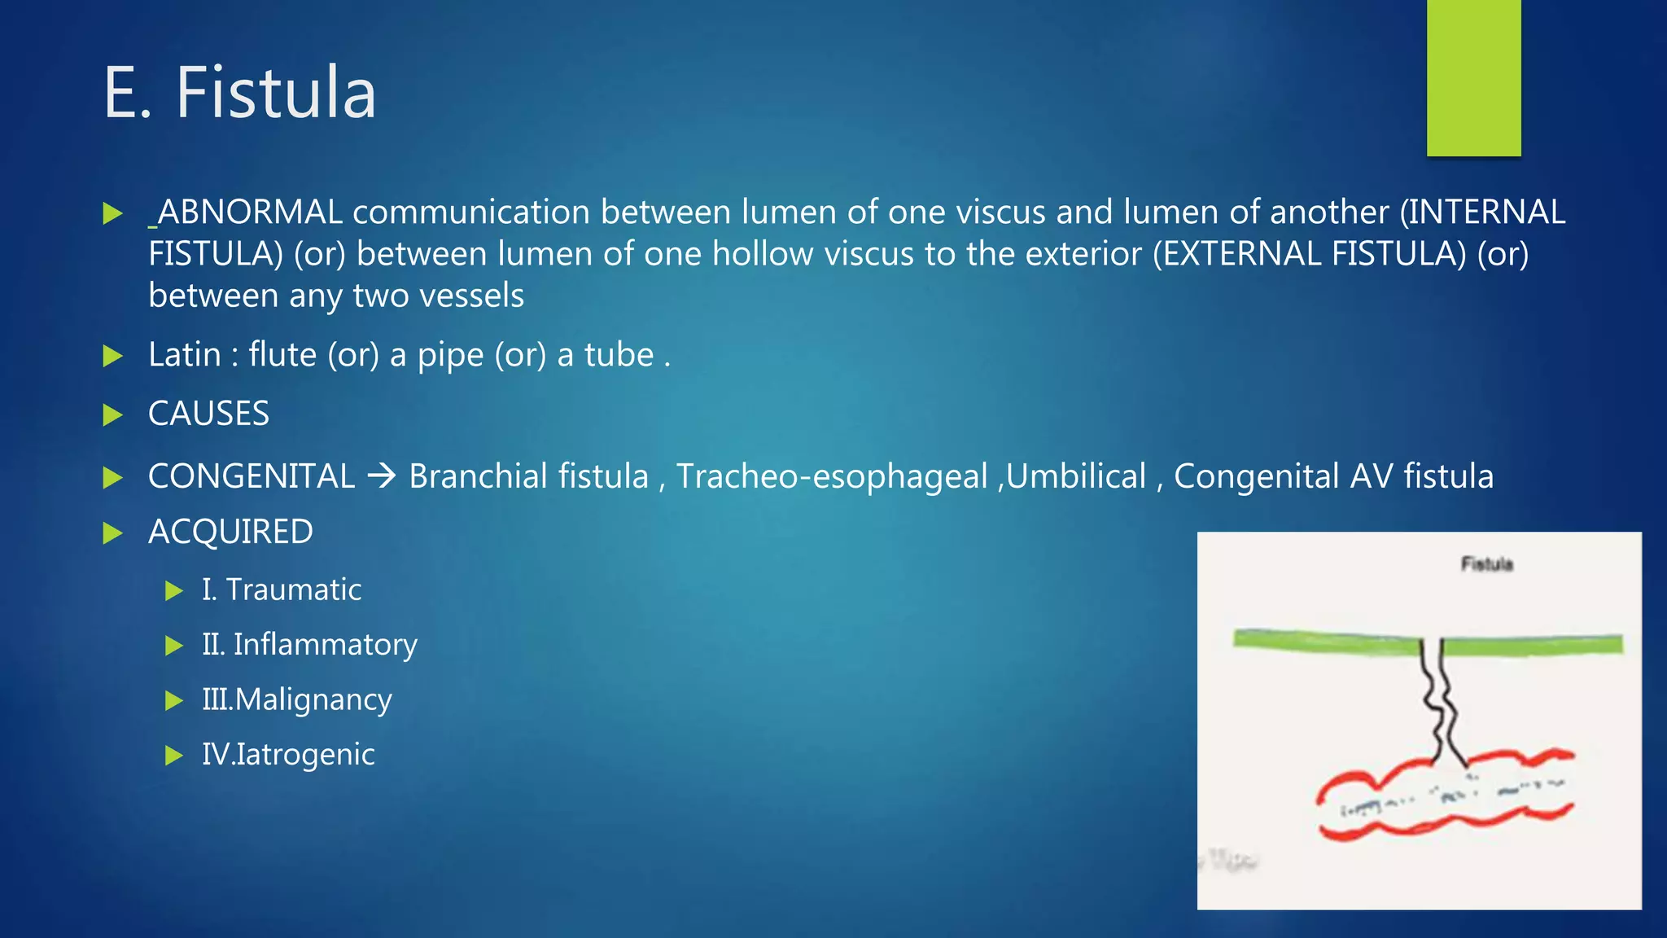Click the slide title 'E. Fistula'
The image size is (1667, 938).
239,93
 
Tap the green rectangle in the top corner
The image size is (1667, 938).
1473,77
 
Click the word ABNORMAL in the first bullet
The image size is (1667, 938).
250,213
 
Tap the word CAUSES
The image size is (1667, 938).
208,414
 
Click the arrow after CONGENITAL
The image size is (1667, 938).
381,476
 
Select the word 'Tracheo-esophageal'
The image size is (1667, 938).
831,476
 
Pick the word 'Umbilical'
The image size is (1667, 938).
1076,476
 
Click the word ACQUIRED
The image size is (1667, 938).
230,533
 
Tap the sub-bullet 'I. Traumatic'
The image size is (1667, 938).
282,590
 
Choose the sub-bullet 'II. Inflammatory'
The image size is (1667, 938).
309,645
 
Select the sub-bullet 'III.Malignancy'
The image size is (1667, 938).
297,699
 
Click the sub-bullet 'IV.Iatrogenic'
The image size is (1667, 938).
288,755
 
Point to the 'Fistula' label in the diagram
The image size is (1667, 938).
1486,563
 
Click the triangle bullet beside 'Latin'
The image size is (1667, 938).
112,356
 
